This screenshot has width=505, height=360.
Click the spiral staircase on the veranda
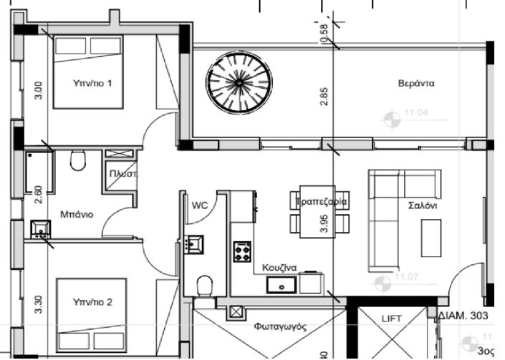click(x=235, y=84)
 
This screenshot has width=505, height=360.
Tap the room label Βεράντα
click(x=416, y=84)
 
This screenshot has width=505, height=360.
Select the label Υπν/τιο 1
click(x=92, y=84)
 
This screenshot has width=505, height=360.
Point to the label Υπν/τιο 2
click(x=92, y=303)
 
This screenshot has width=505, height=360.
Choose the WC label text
click(x=198, y=206)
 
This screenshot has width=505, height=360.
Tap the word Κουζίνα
click(x=279, y=266)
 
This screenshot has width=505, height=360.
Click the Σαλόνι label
click(x=423, y=205)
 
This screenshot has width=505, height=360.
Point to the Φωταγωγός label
click(x=280, y=326)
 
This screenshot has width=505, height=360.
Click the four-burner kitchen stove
click(x=242, y=252)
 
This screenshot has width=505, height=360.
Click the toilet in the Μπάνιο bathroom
click(x=78, y=161)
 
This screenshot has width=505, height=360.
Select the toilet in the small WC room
click(x=204, y=286)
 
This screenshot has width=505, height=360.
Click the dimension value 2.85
click(x=324, y=97)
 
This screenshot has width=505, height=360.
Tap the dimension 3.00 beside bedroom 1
click(x=39, y=91)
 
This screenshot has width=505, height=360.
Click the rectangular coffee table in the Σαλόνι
click(x=431, y=238)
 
